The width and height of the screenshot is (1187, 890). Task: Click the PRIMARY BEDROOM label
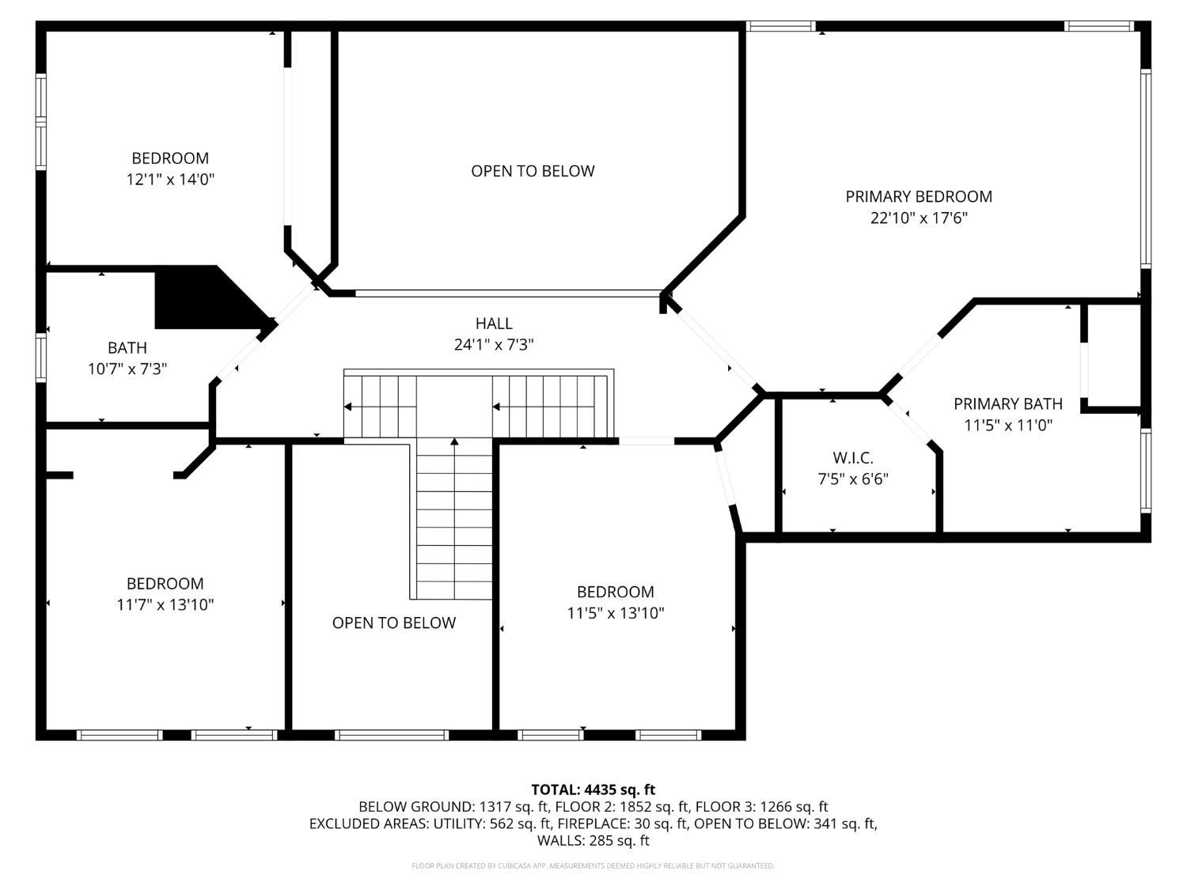pyautogui.click(x=918, y=196)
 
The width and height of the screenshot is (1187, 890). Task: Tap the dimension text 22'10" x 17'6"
pyautogui.click(x=918, y=218)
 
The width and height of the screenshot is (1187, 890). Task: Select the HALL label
pyautogui.click(x=494, y=323)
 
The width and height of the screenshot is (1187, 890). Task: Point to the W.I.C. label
pyautogui.click(x=852, y=457)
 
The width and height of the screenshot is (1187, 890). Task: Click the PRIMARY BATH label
pyautogui.click(x=1007, y=403)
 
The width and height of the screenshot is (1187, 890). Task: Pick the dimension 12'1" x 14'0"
pyautogui.click(x=170, y=180)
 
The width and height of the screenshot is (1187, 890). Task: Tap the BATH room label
pyautogui.click(x=127, y=347)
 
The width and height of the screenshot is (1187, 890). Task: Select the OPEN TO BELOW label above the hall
pyautogui.click(x=533, y=171)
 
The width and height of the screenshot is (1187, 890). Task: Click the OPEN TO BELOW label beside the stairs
pyautogui.click(x=393, y=623)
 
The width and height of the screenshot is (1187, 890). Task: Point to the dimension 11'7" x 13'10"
pyautogui.click(x=165, y=605)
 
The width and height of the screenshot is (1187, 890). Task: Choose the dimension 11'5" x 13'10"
pyautogui.click(x=615, y=613)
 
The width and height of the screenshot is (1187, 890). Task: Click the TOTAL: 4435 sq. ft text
pyautogui.click(x=593, y=789)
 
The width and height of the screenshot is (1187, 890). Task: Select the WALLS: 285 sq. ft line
pyautogui.click(x=593, y=840)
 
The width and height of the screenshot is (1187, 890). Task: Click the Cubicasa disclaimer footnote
pyautogui.click(x=593, y=865)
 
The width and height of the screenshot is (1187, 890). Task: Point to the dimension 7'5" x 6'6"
pyautogui.click(x=852, y=479)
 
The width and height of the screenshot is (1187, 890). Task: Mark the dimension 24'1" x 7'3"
pyautogui.click(x=494, y=345)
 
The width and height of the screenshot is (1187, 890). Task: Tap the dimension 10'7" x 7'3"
pyautogui.click(x=127, y=369)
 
